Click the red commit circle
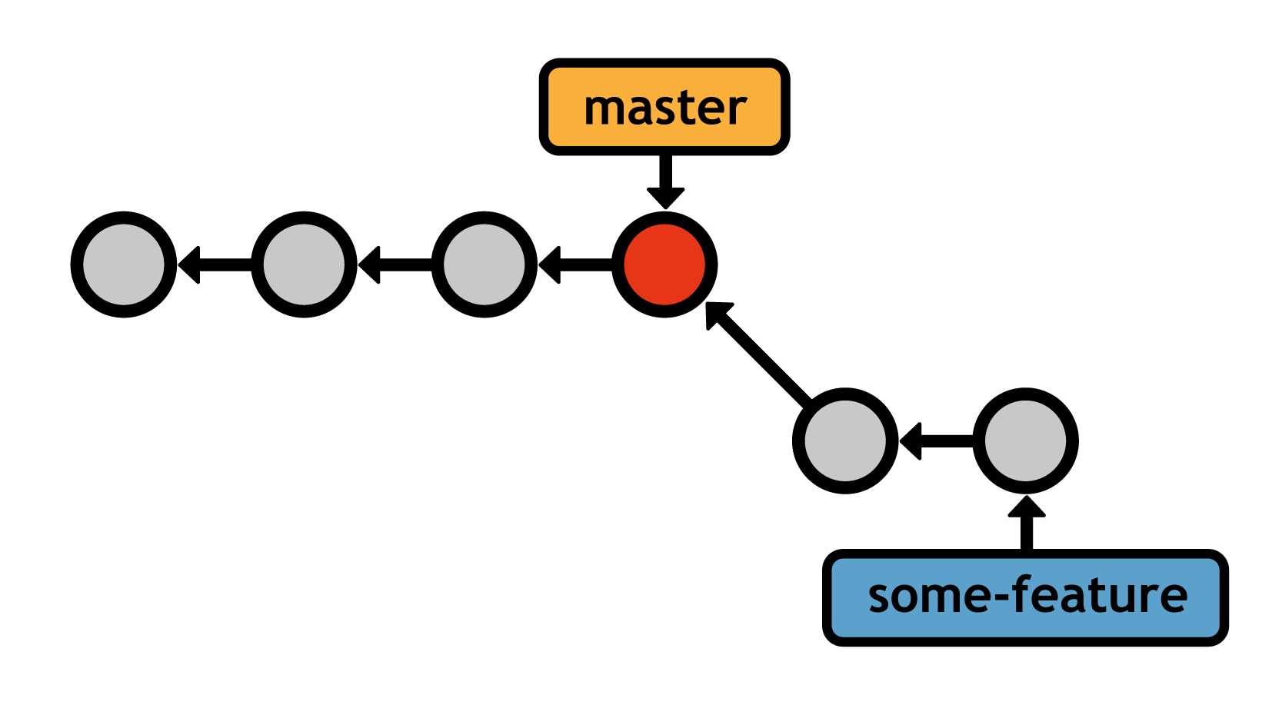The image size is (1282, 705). (664, 264)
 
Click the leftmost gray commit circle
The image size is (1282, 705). (124, 264)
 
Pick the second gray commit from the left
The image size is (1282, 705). (304, 264)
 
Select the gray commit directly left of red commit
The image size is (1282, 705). (484, 264)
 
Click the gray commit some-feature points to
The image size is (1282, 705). (1025, 441)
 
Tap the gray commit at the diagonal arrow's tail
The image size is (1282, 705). (845, 441)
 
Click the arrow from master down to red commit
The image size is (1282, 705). (665, 181)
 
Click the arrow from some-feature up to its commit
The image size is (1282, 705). (1026, 524)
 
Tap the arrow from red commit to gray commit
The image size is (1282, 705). (575, 264)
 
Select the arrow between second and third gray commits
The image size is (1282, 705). (395, 264)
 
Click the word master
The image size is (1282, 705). (665, 108)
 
